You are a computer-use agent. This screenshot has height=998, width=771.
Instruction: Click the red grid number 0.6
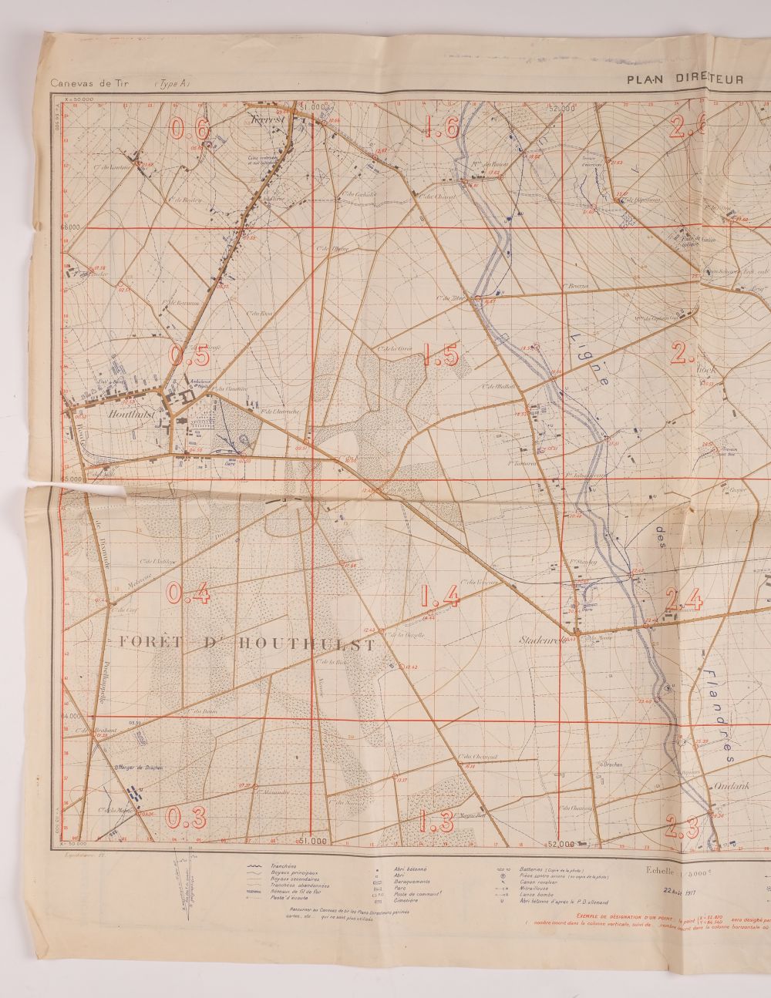190,129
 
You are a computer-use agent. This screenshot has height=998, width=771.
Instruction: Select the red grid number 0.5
190,355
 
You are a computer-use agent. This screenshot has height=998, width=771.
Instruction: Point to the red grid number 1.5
442,355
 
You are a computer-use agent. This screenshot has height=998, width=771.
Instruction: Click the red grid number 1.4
441,596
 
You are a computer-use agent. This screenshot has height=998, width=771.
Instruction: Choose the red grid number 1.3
437,822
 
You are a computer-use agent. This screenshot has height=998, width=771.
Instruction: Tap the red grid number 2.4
684,599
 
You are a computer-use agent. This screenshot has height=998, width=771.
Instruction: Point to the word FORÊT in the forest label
150,643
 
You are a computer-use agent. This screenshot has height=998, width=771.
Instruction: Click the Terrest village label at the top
268,120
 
